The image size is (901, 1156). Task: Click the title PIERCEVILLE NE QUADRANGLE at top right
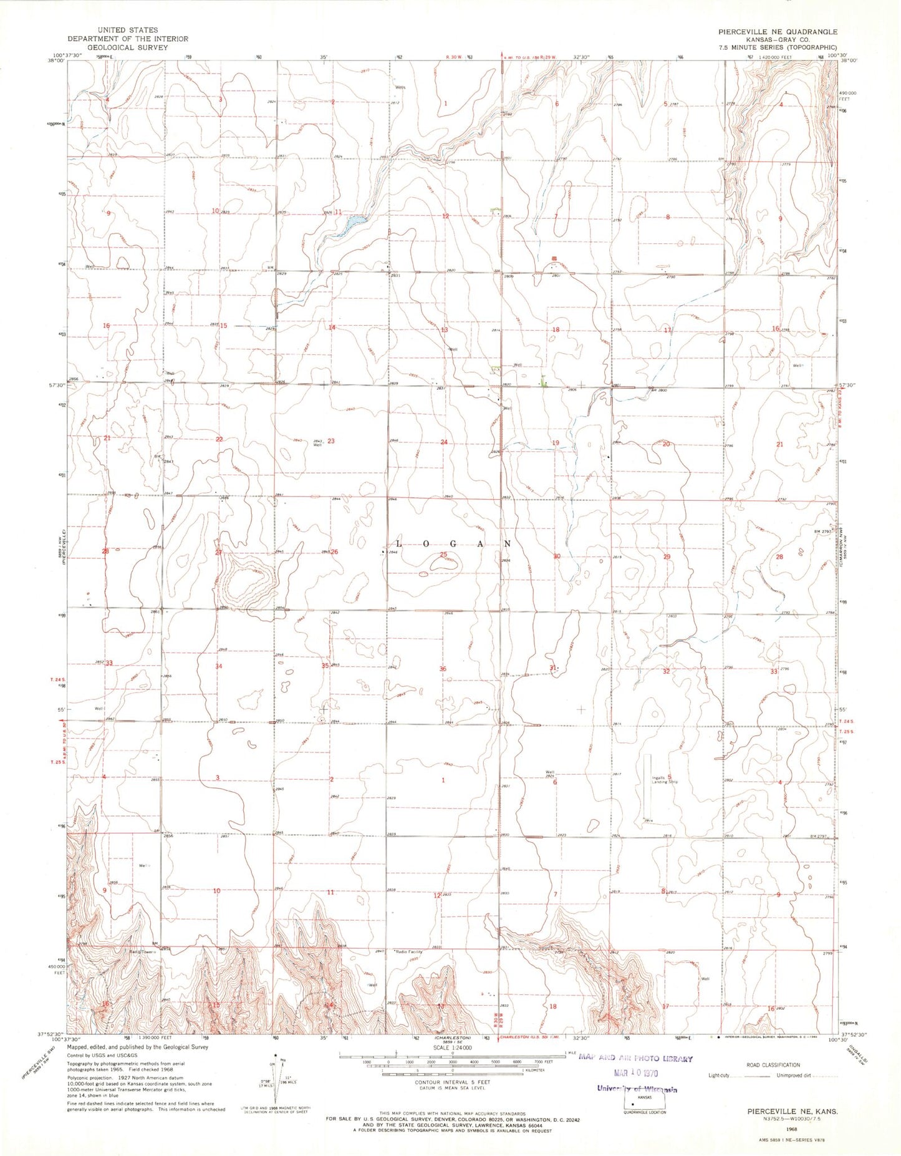pyautogui.click(x=777, y=31)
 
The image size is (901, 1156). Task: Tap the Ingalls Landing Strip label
pyautogui.click(x=665, y=780)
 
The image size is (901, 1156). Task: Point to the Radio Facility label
pyautogui.click(x=409, y=952)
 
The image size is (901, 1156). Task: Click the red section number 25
pyautogui.click(x=443, y=554)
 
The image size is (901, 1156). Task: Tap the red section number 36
pyautogui.click(x=443, y=669)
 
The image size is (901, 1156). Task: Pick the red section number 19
pyautogui.click(x=556, y=443)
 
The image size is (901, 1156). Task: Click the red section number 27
pyautogui.click(x=218, y=552)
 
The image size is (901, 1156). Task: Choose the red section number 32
pyautogui.click(x=666, y=671)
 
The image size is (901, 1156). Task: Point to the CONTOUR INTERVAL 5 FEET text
pyautogui.click(x=453, y=1082)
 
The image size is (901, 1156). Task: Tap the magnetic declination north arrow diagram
pyautogui.click(x=276, y=1079)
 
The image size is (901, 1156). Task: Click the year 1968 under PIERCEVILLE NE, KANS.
pyautogui.click(x=792, y=1129)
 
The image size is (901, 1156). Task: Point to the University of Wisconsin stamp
pyautogui.click(x=636, y=1089)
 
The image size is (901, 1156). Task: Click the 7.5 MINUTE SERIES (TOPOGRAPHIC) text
pyautogui.click(x=777, y=47)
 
